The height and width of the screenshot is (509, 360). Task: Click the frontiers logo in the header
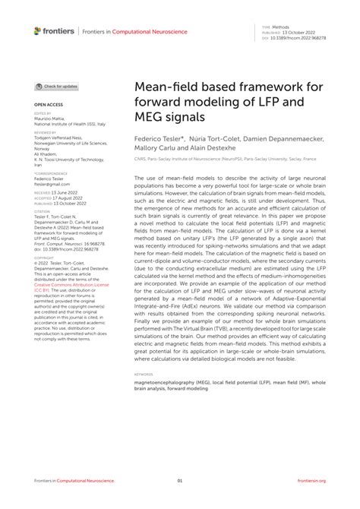(x=54, y=30)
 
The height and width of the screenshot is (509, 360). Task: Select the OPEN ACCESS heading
(x=48, y=103)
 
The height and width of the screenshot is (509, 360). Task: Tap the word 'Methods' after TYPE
(x=280, y=25)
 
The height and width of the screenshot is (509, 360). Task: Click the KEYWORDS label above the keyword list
(x=144, y=374)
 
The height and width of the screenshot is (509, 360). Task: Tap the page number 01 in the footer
(x=180, y=481)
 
